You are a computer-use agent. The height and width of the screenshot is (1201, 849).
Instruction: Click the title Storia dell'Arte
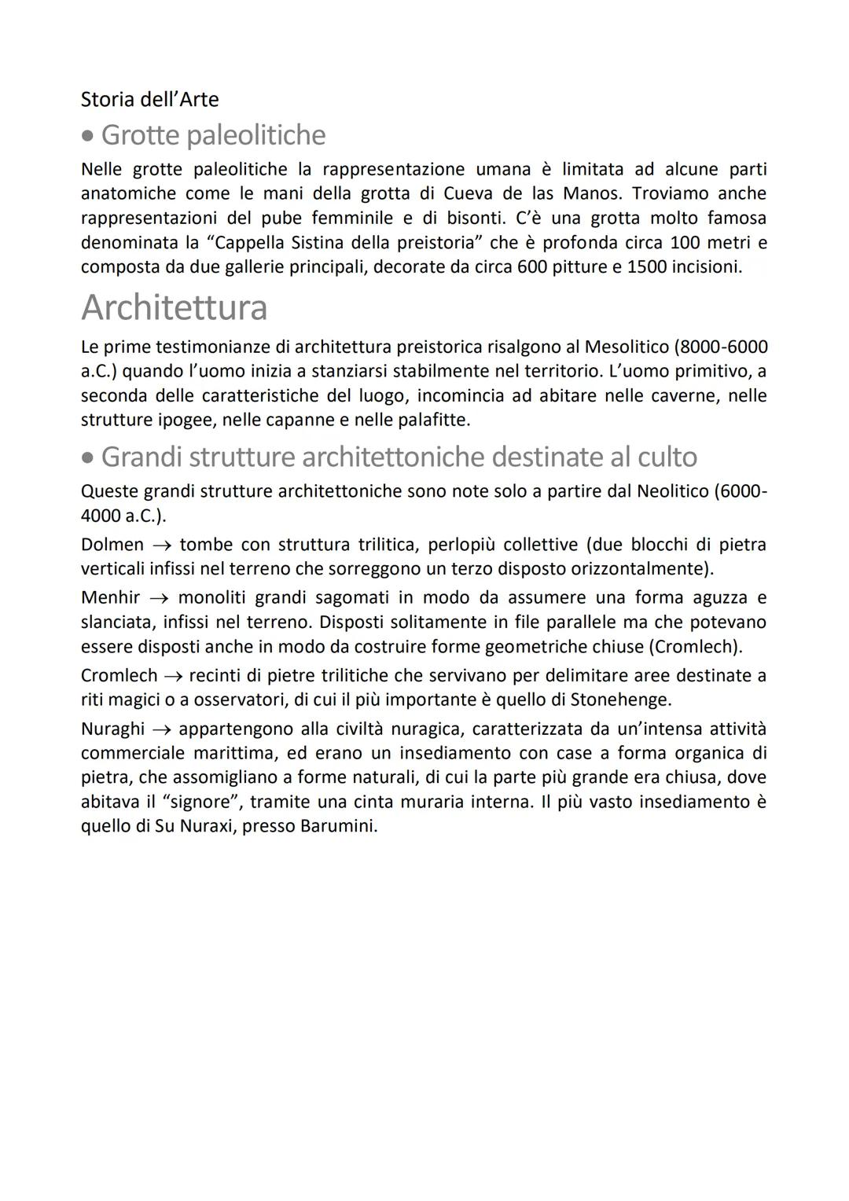149,100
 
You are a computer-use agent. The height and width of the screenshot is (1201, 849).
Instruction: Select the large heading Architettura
174,307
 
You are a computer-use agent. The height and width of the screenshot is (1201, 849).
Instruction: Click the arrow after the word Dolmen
162,545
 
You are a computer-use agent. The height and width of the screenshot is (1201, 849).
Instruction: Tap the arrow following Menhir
159,598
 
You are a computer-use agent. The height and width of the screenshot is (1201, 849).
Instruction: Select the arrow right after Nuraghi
163,729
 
